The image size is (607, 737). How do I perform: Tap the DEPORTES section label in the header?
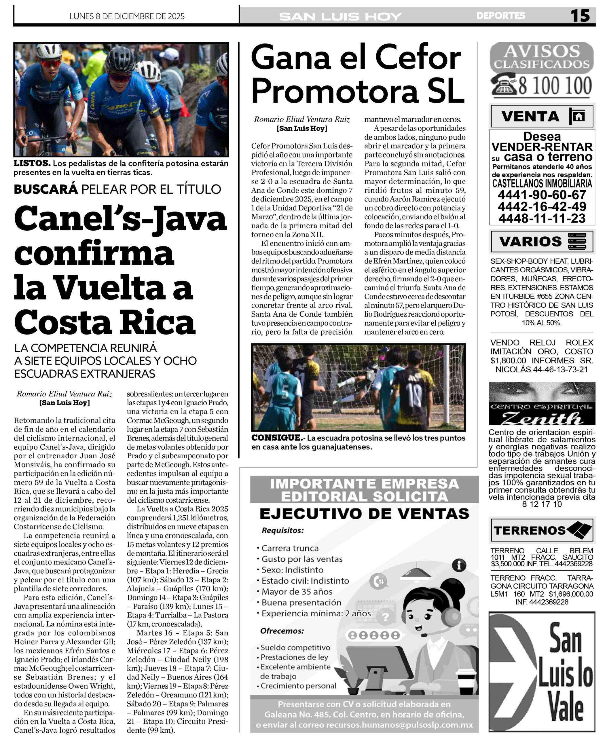(x=500, y=16)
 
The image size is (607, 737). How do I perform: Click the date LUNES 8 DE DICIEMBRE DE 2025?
(x=127, y=16)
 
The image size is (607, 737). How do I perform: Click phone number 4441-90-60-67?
(x=542, y=195)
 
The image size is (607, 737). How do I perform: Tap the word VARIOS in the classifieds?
(x=530, y=242)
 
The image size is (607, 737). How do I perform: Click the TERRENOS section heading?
(x=529, y=530)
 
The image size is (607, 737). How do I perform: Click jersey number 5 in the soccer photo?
(x=285, y=392)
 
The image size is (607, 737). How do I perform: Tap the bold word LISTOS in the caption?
(x=32, y=163)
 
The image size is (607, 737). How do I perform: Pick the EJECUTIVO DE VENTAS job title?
(x=364, y=514)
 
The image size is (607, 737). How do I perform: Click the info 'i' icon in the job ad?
(x=459, y=565)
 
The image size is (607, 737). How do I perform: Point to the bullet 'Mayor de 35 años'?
(x=297, y=592)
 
